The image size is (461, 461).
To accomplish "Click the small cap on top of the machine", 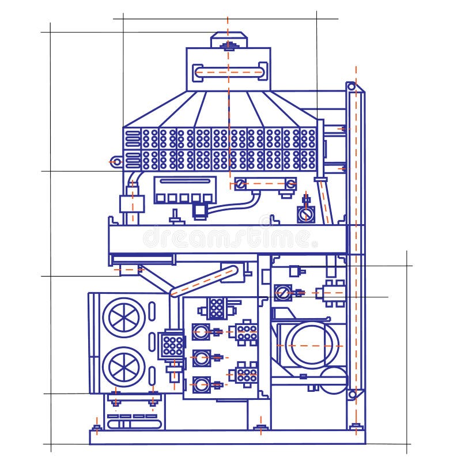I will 229,40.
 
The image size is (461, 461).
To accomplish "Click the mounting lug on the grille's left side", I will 116,162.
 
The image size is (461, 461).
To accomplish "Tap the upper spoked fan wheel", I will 124,317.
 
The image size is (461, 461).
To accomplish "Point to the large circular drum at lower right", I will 309,346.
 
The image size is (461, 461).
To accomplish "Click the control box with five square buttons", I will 183,190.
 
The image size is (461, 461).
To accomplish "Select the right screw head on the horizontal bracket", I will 291,184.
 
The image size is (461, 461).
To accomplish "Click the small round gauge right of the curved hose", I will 306,214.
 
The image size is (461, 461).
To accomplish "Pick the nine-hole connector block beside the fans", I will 171,345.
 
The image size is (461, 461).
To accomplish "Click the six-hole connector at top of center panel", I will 216,308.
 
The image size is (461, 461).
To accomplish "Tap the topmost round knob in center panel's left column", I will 200,331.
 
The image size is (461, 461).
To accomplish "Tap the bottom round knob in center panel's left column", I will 200,384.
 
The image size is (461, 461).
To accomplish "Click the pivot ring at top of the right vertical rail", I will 351,87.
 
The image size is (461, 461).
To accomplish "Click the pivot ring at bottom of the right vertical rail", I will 352,394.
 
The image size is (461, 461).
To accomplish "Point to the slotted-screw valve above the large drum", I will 282,293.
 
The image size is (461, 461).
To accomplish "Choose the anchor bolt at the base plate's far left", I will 97,428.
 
